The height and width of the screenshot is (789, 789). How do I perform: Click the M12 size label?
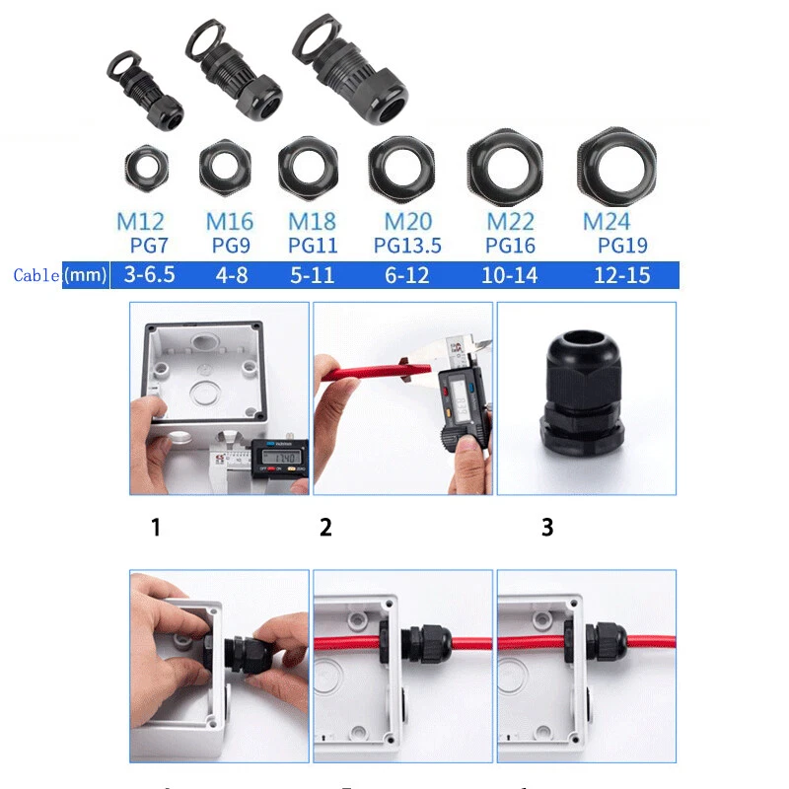tap(139, 222)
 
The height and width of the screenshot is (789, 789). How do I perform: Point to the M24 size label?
tap(607, 222)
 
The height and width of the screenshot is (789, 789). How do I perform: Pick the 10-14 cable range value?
tap(510, 274)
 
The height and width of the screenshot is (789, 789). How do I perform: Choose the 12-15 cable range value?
tap(621, 274)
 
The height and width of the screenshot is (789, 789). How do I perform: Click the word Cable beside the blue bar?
tap(36, 275)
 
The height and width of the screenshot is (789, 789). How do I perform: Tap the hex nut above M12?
tap(144, 169)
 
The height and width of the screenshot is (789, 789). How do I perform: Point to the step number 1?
tap(155, 528)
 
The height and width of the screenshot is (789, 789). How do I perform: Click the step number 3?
tap(547, 528)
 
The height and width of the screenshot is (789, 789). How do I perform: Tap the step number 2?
tap(325, 528)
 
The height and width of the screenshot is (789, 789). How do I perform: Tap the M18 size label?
tap(311, 222)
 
